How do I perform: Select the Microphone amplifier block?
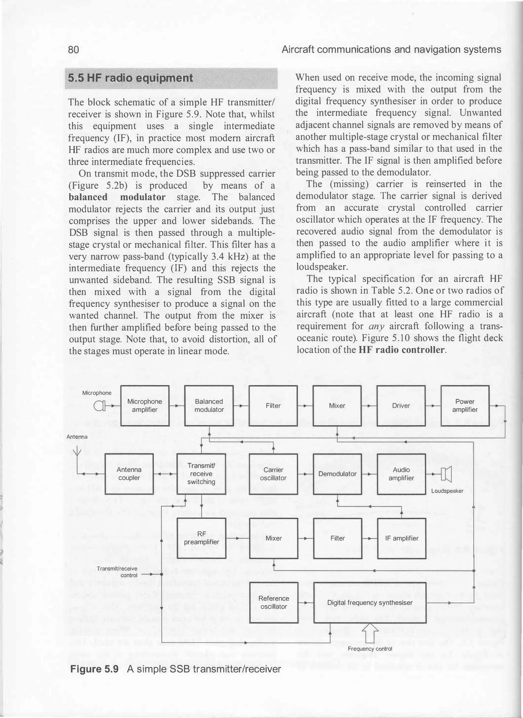pyautogui.click(x=145, y=406)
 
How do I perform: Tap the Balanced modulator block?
pyautogui.click(x=209, y=406)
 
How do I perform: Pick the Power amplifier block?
pyautogui.click(x=465, y=406)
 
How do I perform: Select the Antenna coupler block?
pyautogui.click(x=129, y=474)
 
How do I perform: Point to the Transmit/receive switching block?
pyautogui.click(x=201, y=474)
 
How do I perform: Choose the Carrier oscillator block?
pyautogui.click(x=273, y=474)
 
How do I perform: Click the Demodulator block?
pyautogui.click(x=337, y=474)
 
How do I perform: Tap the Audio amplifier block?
pyautogui.click(x=401, y=474)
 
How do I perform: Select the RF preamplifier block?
pyautogui.click(x=201, y=538)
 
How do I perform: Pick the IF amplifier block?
pyautogui.click(x=401, y=538)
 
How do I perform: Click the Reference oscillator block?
pyautogui.click(x=274, y=603)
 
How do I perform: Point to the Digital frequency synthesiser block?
pyautogui.click(x=370, y=603)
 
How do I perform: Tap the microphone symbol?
pyautogui.click(x=99, y=406)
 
